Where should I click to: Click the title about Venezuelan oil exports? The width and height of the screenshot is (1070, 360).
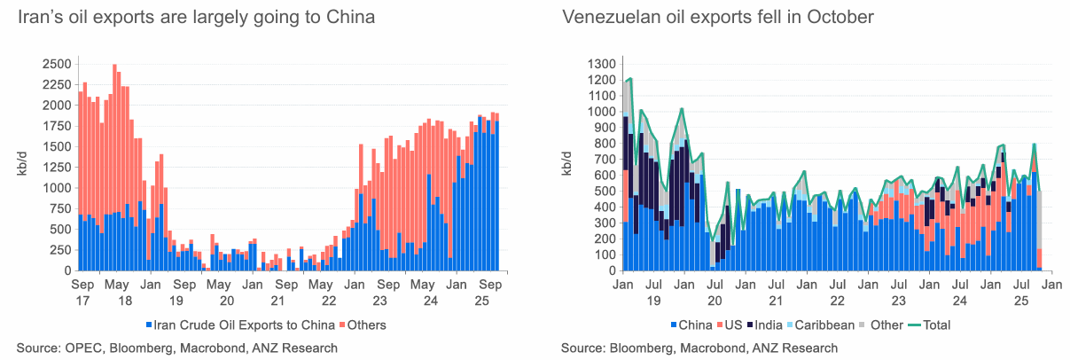point(718,17)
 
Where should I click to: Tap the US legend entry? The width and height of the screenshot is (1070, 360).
point(730,325)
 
